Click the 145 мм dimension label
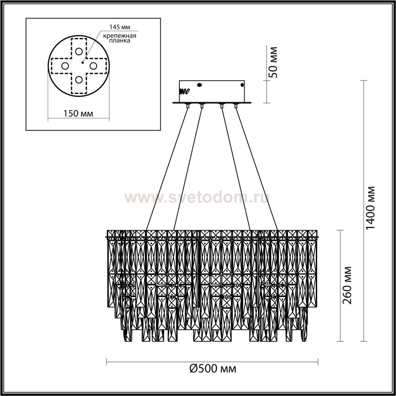point(120,27)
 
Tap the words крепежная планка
point(120,38)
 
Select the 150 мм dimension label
point(78,114)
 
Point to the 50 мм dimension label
point(273,62)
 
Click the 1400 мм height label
point(371,210)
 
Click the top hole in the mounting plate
point(79,51)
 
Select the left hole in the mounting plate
point(65,66)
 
